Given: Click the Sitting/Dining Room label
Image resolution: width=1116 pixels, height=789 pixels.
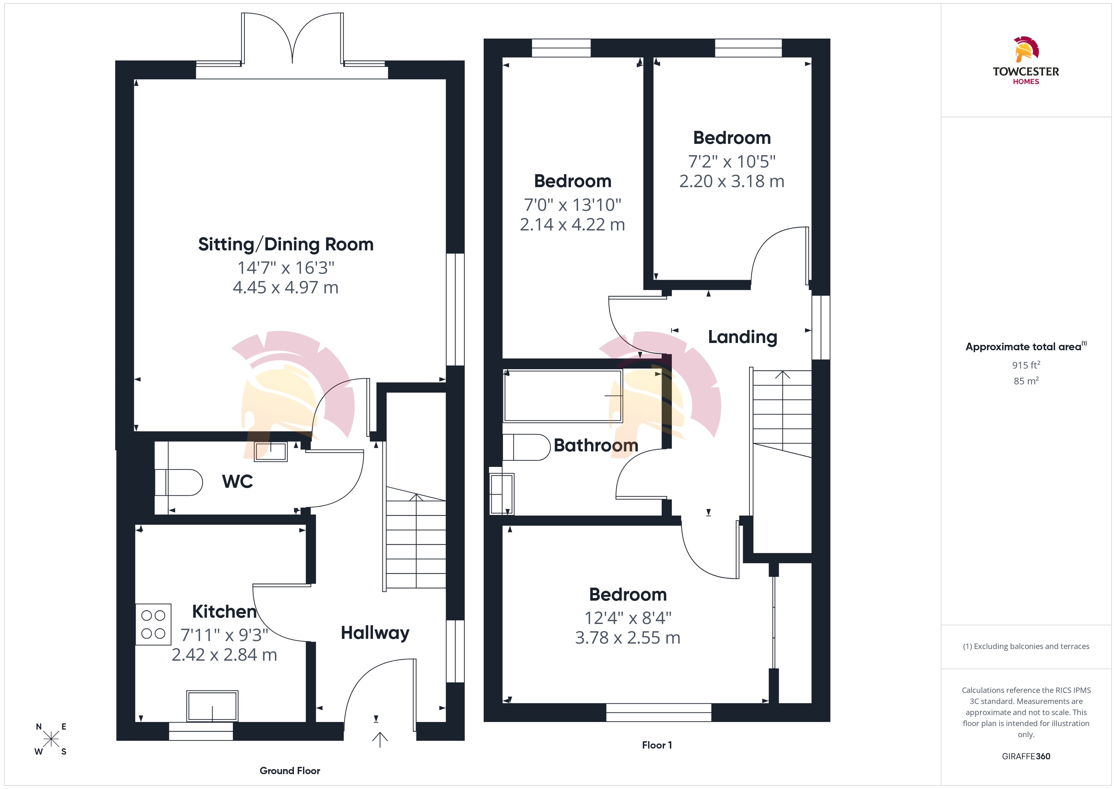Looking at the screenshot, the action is tap(286, 244).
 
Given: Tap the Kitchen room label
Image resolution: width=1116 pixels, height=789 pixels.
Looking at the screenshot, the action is tap(224, 612).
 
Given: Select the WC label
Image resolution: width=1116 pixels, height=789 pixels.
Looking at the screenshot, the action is tap(238, 481).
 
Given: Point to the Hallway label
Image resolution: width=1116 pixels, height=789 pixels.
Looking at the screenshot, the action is tap(375, 633).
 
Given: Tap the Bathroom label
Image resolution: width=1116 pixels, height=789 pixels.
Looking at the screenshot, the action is tap(596, 445).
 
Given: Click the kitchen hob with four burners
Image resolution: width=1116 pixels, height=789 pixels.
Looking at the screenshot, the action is tap(153, 624).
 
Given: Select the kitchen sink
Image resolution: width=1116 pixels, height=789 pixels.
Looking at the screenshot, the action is tap(212, 706).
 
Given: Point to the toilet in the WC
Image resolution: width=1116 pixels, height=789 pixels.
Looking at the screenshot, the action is tap(179, 482).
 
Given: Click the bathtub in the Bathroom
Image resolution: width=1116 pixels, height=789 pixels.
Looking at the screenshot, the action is tap(563, 395).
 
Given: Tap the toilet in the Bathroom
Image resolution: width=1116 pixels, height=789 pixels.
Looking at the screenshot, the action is tap(526, 447).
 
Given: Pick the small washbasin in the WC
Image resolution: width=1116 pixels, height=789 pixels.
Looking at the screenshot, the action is tap(271, 451).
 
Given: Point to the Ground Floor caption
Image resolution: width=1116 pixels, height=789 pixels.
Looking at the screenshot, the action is tap(290, 771).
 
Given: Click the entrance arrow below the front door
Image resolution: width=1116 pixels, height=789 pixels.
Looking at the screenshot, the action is tap(380, 739).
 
